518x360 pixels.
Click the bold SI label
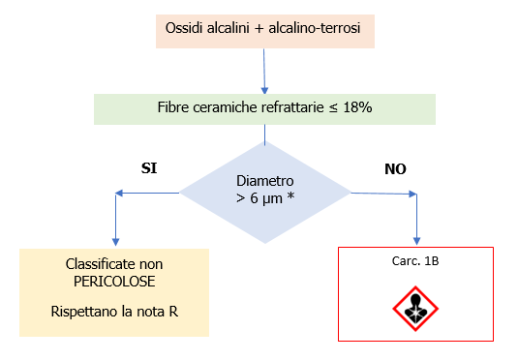[150, 167]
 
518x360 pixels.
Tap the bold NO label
[395, 167]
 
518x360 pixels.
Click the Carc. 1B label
[415, 260]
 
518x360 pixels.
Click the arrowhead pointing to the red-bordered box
[416, 239]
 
